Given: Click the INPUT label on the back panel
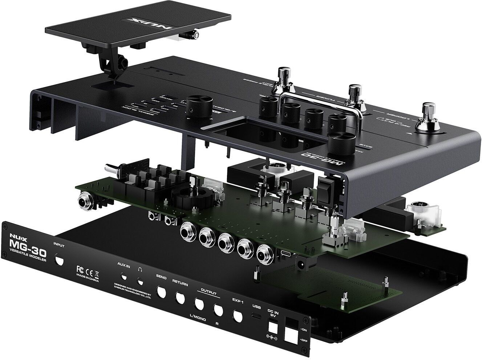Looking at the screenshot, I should [x=58, y=245].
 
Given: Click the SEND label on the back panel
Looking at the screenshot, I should [x=161, y=278].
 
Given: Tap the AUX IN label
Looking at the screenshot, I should [x=123, y=265].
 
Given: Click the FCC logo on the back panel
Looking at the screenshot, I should [x=81, y=270].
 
